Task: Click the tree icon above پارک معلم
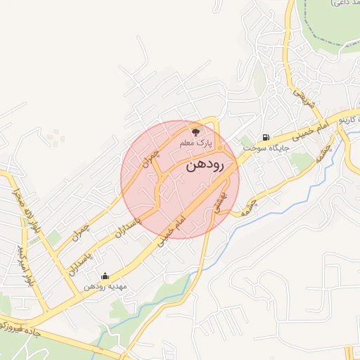(x=195, y=131)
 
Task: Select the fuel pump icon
(x=265, y=138)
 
